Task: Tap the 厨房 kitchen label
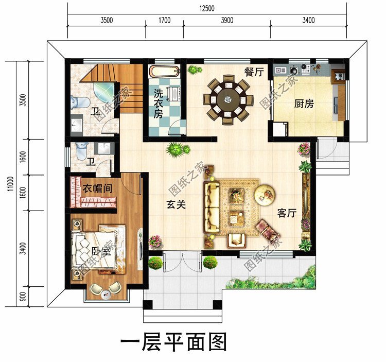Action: tap(304, 104)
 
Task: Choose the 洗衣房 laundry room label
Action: tap(158, 104)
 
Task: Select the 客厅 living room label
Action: tap(287, 213)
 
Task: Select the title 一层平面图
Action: tap(173, 341)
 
